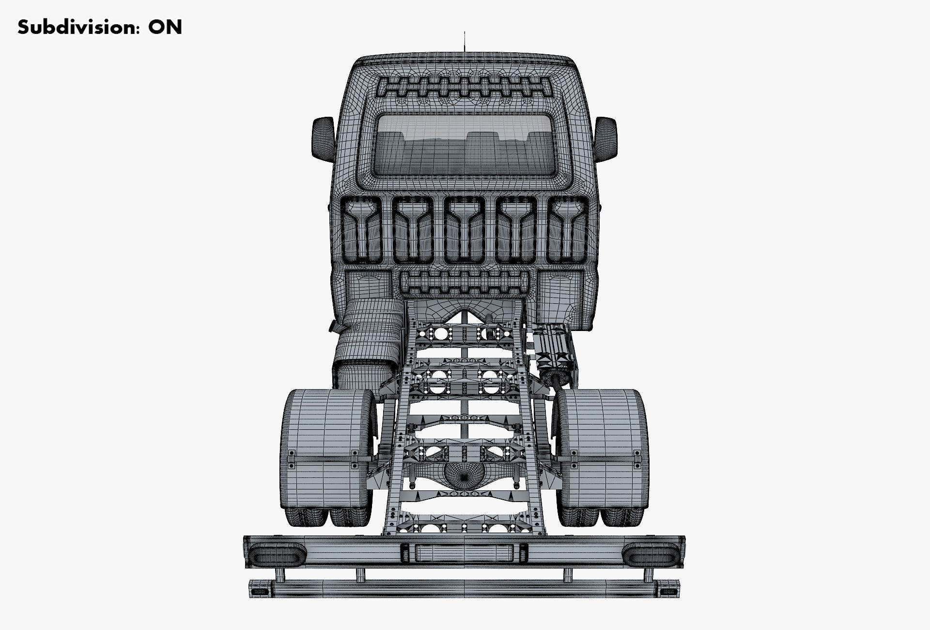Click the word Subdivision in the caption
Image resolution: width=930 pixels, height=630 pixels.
click(72, 27)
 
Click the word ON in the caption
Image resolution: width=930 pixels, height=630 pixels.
click(165, 27)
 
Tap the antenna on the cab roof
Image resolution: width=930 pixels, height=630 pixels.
click(465, 43)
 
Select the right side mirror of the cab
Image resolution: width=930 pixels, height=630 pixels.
click(606, 137)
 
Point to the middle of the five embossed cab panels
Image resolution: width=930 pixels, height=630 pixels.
click(465, 230)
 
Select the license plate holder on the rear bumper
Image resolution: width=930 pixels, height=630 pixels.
click(464, 552)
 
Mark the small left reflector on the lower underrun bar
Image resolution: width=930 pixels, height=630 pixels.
click(261, 592)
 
